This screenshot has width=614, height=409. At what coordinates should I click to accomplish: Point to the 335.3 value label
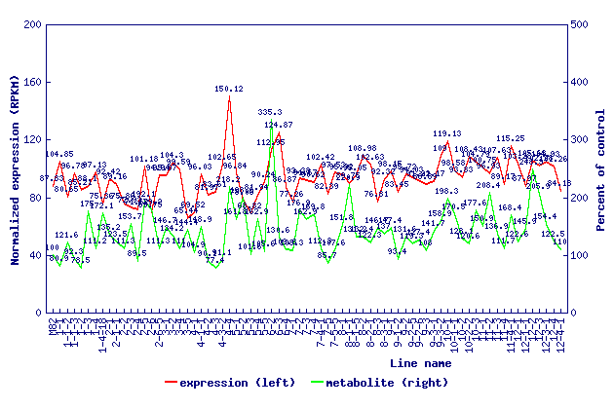(x=270, y=113)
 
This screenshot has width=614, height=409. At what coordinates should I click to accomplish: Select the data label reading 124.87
(x=279, y=125)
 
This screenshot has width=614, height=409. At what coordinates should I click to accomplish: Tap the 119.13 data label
(x=447, y=133)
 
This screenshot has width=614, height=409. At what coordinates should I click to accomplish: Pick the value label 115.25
(x=510, y=139)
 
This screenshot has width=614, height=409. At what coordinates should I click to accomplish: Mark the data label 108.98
(x=363, y=148)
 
